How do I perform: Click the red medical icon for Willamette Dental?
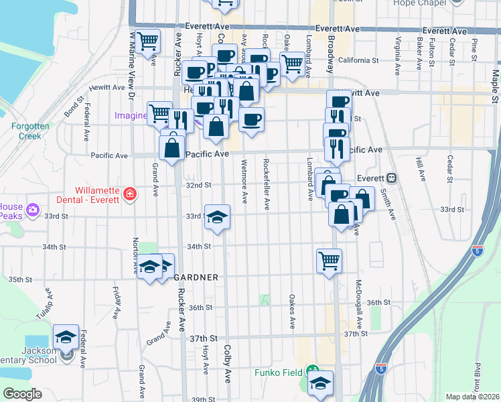click(129, 194)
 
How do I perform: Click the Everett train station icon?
click(392, 178)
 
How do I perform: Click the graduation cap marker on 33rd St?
click(217, 217)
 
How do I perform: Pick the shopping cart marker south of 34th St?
click(328, 259)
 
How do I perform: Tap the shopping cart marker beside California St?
click(291, 63)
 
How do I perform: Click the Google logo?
click(21, 394)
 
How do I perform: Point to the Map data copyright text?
click(472, 397)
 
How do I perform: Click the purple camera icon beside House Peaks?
click(32, 212)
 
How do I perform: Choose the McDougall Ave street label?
click(359, 303)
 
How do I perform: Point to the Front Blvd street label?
click(478, 376)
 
